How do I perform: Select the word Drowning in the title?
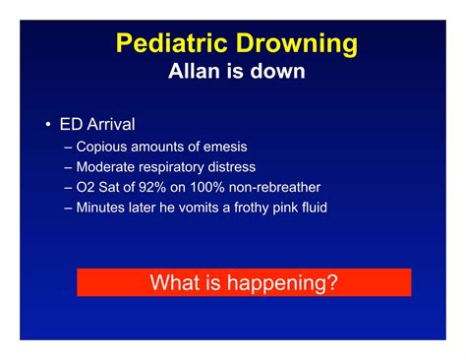tap(293, 44)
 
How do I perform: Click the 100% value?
tap(208, 187)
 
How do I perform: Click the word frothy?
tap(260, 207)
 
